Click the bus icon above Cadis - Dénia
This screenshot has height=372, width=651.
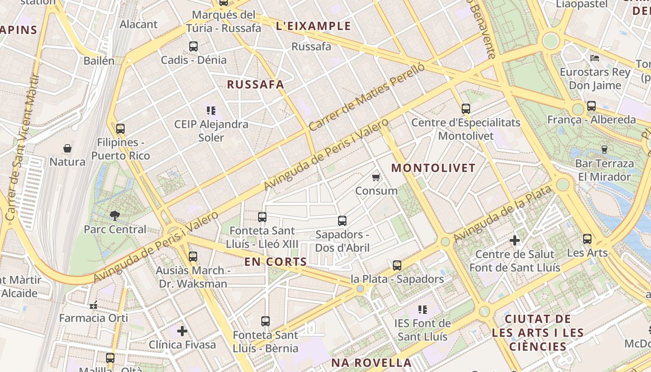click(x=193, y=46)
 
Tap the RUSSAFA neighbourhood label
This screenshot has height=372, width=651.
click(x=255, y=85)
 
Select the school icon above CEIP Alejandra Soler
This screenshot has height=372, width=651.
click(x=212, y=111)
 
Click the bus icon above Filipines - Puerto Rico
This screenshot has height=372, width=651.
click(x=120, y=129)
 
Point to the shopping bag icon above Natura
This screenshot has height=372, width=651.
click(x=67, y=148)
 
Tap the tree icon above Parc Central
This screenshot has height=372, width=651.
click(x=114, y=215)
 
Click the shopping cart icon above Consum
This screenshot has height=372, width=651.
click(x=376, y=177)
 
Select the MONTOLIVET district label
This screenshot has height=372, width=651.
click(x=433, y=168)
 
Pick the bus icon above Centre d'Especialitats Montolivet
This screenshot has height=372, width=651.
click(x=466, y=109)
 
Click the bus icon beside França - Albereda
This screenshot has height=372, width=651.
click(x=591, y=106)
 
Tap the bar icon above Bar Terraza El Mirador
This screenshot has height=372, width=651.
click(x=604, y=149)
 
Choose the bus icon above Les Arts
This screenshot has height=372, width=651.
click(x=587, y=239)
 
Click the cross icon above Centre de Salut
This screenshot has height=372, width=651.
click(x=515, y=240)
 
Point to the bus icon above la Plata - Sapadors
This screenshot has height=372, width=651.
click(x=397, y=266)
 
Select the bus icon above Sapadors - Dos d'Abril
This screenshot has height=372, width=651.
click(x=342, y=221)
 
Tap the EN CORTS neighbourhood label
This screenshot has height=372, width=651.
click(x=276, y=262)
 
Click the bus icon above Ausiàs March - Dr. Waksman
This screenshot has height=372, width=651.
click(x=193, y=256)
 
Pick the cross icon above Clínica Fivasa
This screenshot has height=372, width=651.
click(x=182, y=331)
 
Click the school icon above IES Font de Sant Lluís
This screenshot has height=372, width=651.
click(x=423, y=309)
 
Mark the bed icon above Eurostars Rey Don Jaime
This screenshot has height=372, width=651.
click(x=595, y=58)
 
